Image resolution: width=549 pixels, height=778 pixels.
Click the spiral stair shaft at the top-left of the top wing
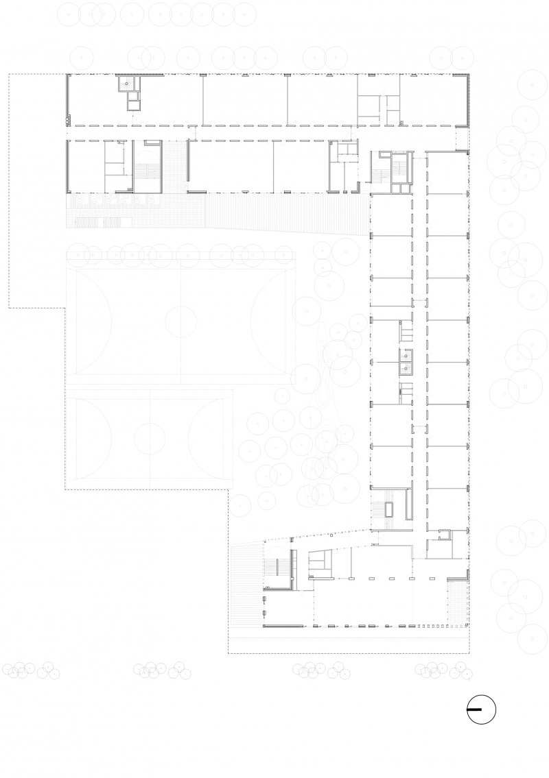[x=126, y=84]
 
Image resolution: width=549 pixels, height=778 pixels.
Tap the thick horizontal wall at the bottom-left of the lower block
[x=283, y=625]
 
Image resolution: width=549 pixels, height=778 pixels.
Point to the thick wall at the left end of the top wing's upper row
[x=68, y=99]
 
